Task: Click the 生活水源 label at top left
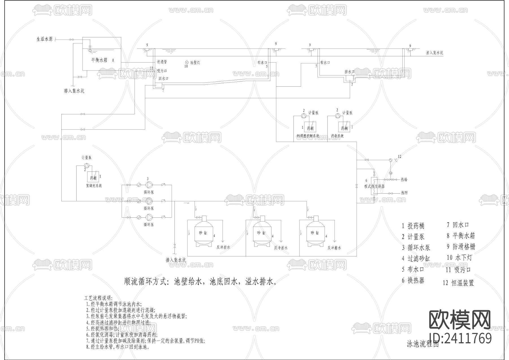click(44, 39)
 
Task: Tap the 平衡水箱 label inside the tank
click(99, 60)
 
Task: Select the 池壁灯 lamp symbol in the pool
click(187, 62)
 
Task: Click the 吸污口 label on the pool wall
click(162, 71)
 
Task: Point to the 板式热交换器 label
click(374, 187)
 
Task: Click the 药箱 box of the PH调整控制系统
click(310, 128)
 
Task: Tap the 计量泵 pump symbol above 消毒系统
click(337, 115)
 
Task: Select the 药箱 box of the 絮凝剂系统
click(93, 177)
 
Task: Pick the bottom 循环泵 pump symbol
click(149, 217)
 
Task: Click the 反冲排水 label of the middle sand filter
click(281, 248)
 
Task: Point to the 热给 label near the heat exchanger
click(404, 180)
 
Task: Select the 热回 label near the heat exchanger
click(404, 193)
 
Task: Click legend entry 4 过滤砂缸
click(416, 258)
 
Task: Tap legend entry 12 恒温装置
click(458, 283)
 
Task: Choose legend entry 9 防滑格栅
click(461, 247)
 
